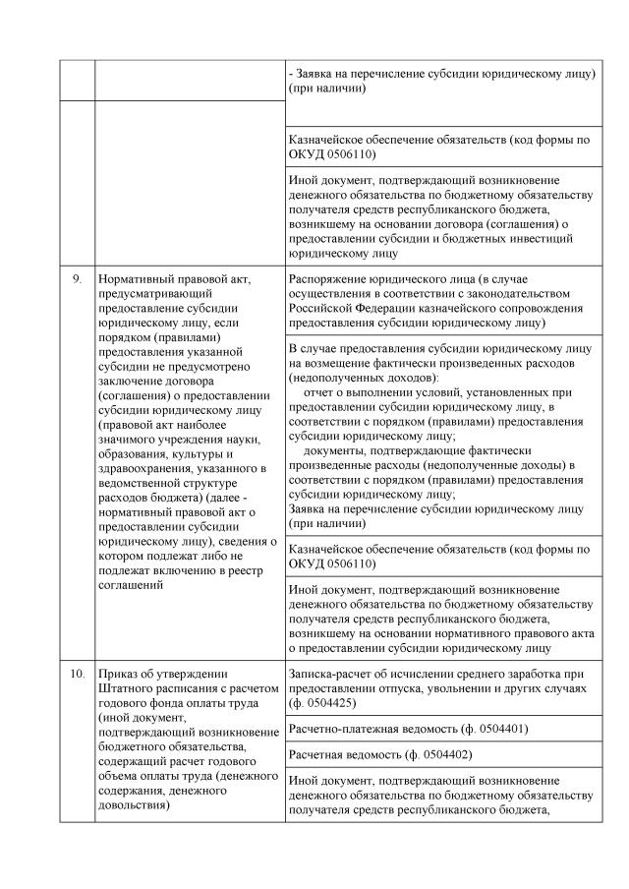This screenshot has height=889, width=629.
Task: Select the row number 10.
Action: [77, 674]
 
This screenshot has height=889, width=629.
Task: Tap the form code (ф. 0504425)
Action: [320, 703]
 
